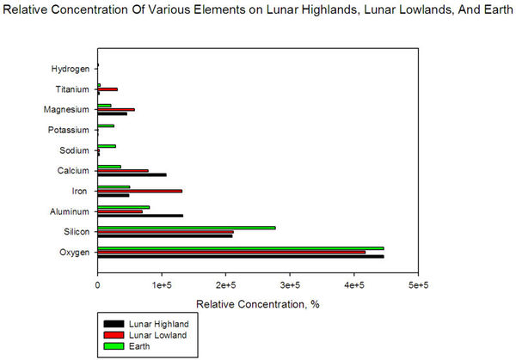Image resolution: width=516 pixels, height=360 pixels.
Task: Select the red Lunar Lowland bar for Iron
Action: (139, 191)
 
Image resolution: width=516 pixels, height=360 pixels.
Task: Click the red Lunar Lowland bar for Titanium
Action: (107, 89)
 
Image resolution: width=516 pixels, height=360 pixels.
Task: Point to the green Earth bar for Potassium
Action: (106, 126)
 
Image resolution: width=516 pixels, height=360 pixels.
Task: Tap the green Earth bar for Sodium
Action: (107, 146)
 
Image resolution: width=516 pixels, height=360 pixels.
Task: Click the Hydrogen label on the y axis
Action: (70, 69)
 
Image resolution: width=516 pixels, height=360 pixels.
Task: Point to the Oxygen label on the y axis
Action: (73, 253)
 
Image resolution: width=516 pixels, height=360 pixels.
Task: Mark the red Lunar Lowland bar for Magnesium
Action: (116, 109)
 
